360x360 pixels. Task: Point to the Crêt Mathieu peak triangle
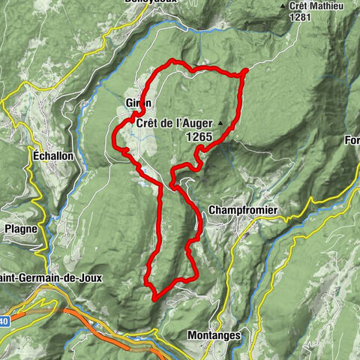(283, 6)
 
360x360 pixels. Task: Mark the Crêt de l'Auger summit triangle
(220, 121)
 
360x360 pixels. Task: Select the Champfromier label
(236, 211)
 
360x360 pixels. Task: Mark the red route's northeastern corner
(244, 72)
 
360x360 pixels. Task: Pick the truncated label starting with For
(352, 140)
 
